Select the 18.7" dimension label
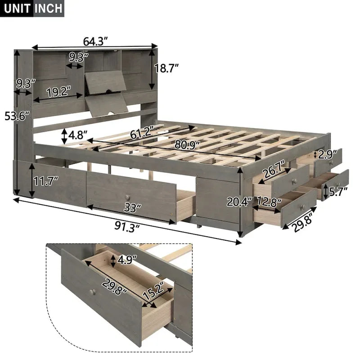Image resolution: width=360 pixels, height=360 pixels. (166, 68)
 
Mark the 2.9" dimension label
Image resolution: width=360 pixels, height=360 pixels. (328, 155)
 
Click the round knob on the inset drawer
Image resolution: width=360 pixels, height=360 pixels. (94, 292)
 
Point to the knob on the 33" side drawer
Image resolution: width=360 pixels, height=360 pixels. (128, 198)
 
